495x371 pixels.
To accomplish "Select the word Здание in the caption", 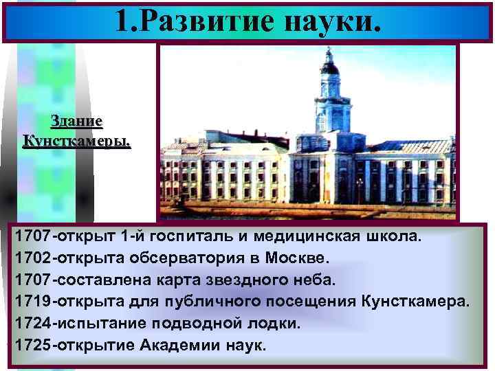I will point(77,122).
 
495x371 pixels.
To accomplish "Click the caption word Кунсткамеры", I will point(77,142).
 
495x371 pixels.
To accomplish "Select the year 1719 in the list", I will point(34,302).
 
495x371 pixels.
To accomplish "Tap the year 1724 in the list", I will point(34,324).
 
